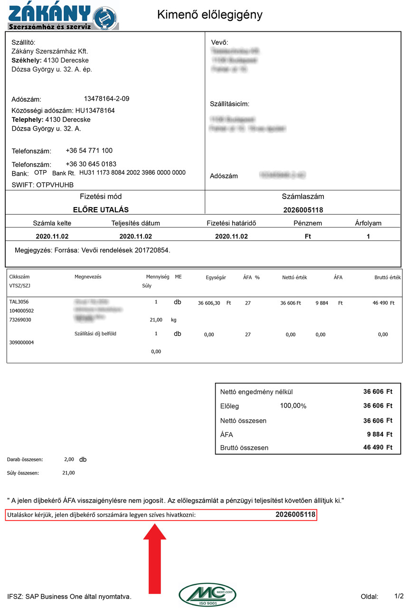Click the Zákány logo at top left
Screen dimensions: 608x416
coord(63,16)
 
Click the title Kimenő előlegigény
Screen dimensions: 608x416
coord(209,15)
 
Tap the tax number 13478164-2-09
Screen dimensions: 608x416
coord(106,99)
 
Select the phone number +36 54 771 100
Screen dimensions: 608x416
coord(89,151)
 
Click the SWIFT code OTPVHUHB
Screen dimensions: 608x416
coord(55,185)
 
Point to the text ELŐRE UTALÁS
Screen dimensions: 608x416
coord(101,210)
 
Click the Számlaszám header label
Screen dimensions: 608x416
coord(303,197)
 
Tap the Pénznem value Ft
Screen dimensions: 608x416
coord(308,237)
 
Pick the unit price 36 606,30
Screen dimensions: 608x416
coord(209,303)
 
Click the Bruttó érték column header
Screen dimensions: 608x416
coord(388,277)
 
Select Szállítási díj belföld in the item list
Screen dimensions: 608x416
coord(95,334)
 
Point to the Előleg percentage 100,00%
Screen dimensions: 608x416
coord(293,406)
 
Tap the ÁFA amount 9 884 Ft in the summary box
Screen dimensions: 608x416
coord(379,434)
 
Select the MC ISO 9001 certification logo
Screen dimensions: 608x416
coord(208,594)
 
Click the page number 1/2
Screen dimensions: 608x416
coord(399,596)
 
